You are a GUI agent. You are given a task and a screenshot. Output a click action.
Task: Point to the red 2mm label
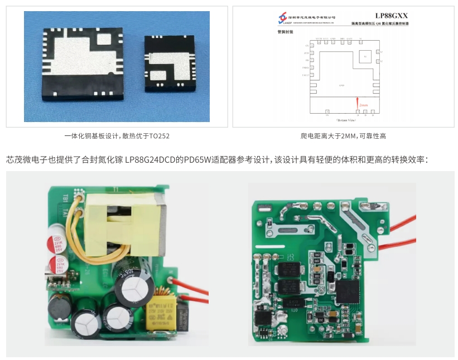coord(363,105)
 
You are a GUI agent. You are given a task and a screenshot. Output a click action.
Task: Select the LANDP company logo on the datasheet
coord(284,19)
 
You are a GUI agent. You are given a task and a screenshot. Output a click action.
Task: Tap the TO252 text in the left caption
coord(159,136)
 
